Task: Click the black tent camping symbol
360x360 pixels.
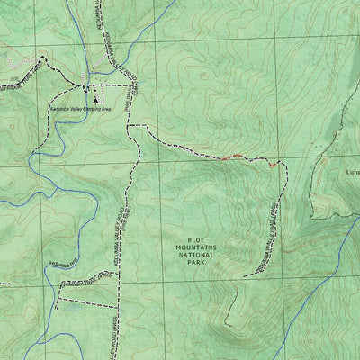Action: pyautogui.click(x=94, y=102)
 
